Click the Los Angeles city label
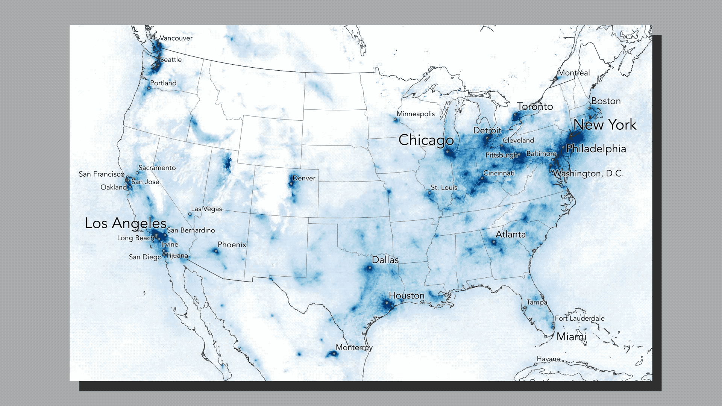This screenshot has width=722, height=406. tap(126, 223)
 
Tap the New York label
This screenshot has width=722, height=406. tap(605, 124)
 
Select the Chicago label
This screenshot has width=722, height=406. tap(426, 140)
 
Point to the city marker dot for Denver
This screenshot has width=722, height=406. tap(291, 184)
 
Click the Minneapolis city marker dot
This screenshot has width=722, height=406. tap(395, 120)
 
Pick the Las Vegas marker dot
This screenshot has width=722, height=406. tap(190, 214)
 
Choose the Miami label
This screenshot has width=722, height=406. tap(571, 336)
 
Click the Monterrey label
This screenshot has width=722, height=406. tap(354, 347)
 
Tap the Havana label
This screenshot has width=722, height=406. tap(548, 359)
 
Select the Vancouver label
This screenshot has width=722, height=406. tap(176, 38)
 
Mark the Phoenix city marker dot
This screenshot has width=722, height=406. tap(216, 251)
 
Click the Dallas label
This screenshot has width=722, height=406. tap(385, 260)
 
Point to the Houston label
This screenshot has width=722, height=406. tap(407, 296)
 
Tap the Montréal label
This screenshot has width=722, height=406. tap(574, 73)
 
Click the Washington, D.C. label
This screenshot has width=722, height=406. tap(588, 174)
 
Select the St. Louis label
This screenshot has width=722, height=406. tap(444, 187)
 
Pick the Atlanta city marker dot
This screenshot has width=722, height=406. tap(494, 242)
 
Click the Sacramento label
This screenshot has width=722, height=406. tap(157, 168)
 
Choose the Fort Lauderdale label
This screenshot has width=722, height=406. tap(579, 318)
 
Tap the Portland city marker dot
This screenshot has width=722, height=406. tap(149, 88)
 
